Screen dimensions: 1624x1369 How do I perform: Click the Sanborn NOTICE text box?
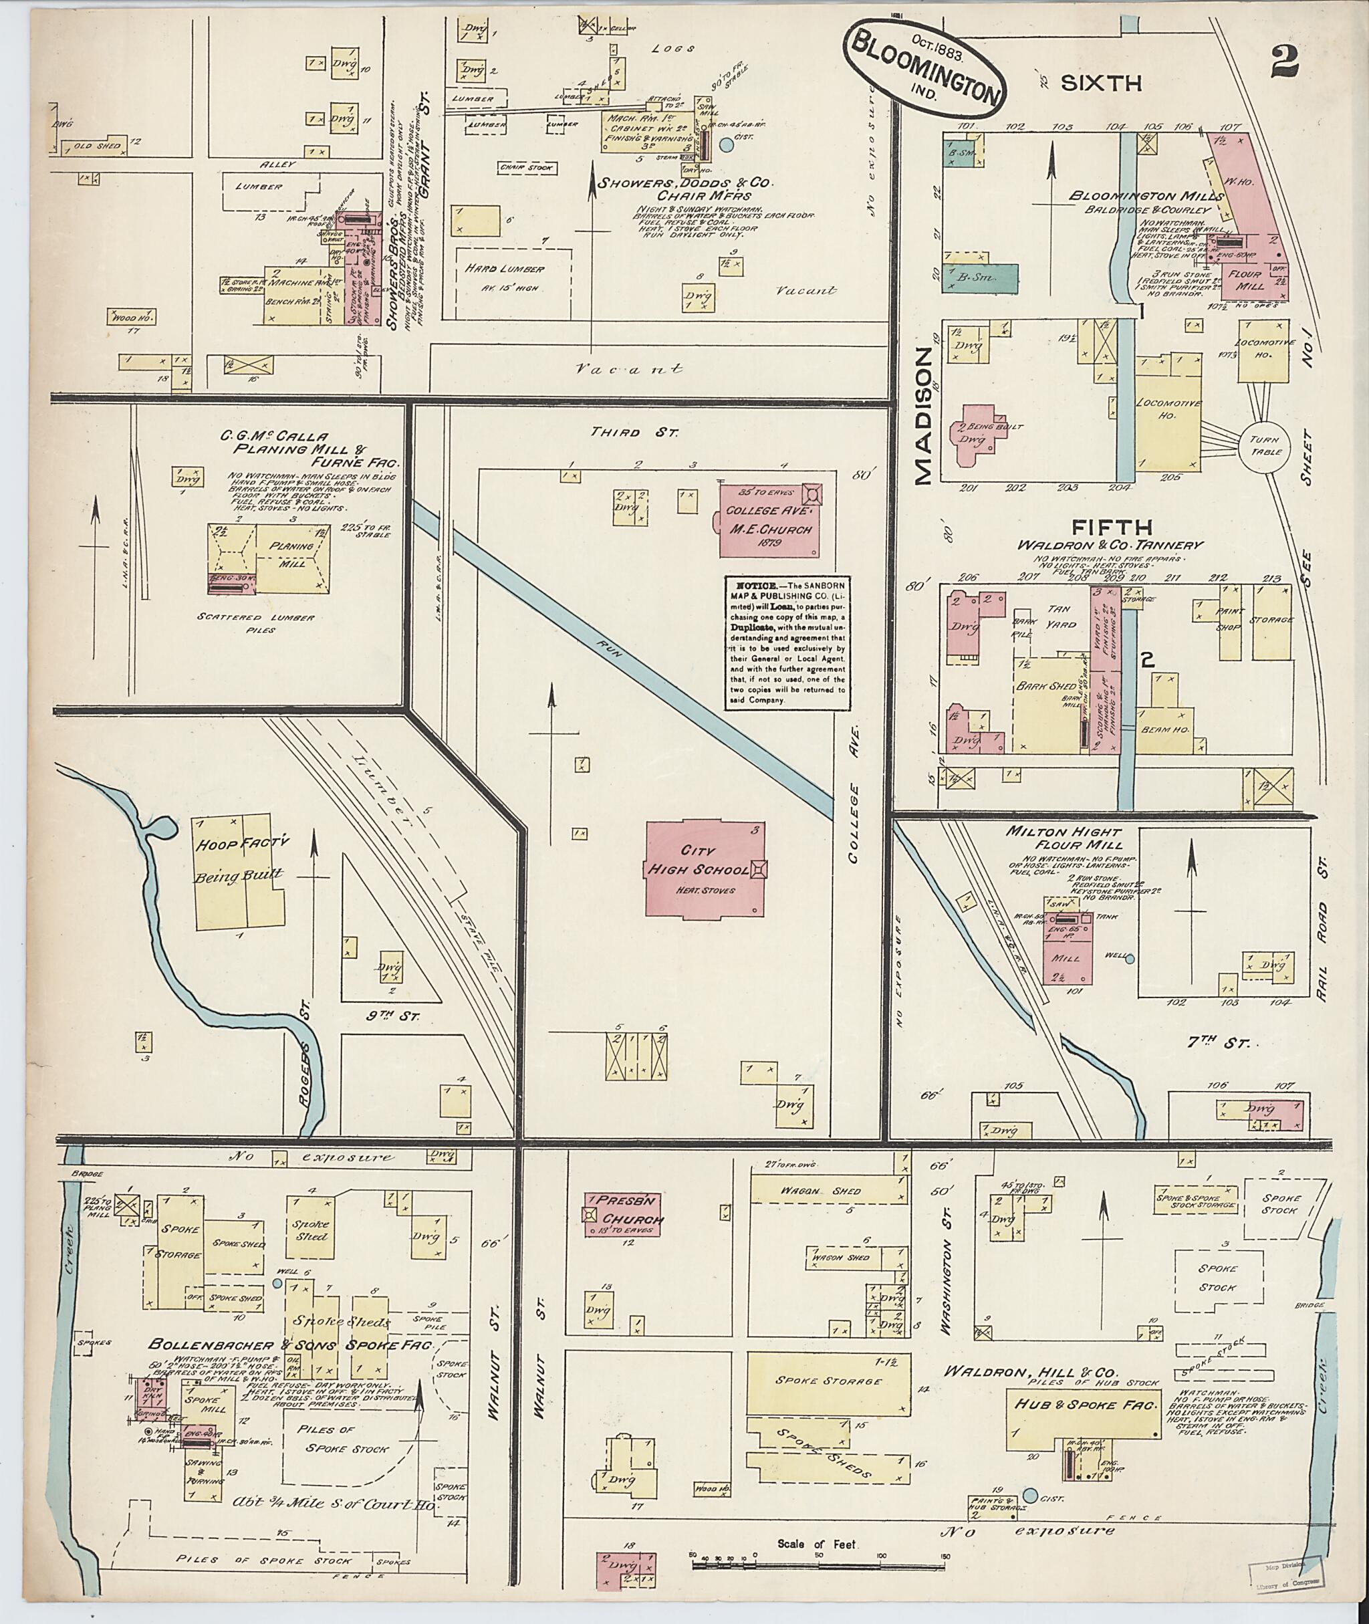(786, 641)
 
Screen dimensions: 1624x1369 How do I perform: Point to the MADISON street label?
(922, 416)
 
